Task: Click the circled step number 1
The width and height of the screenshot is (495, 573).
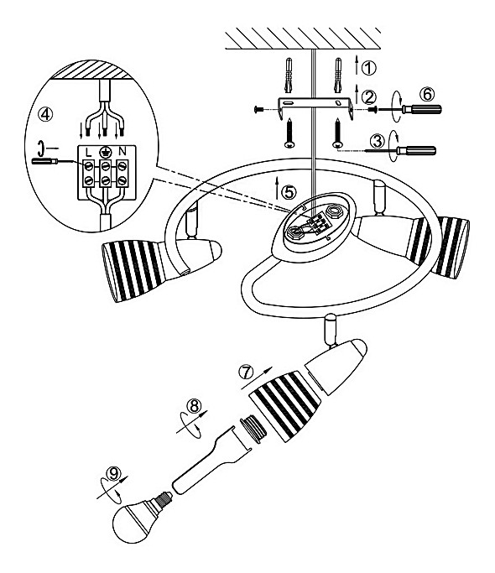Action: (368, 68)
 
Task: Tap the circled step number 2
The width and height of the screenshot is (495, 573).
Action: (368, 96)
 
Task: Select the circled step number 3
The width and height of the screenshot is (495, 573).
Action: (378, 141)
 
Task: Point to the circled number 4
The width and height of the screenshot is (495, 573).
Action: (45, 114)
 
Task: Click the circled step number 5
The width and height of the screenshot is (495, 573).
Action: (289, 192)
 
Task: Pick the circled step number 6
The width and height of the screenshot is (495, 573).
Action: (427, 94)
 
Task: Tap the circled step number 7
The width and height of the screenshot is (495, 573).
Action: (246, 372)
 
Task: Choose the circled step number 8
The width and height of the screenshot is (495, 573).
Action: (194, 405)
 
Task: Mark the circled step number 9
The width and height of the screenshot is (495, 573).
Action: (113, 474)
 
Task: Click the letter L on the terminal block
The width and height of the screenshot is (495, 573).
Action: (88, 152)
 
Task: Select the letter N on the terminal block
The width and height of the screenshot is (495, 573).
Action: (122, 151)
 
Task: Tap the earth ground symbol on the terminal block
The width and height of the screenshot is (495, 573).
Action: (105, 152)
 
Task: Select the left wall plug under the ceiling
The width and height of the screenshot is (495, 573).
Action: (289, 75)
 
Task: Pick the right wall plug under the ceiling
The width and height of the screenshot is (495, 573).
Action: (338, 75)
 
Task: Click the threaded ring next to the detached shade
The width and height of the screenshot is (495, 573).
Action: (253, 429)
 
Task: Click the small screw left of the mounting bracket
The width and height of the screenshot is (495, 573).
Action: (258, 109)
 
